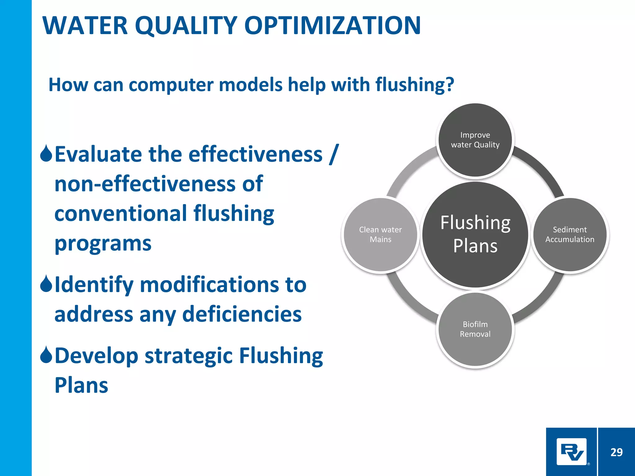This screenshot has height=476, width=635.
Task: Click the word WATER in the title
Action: (85, 25)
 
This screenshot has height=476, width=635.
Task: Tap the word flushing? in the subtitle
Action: (415, 85)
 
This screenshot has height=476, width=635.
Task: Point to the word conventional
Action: (120, 214)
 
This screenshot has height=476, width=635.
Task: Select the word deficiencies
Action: (242, 314)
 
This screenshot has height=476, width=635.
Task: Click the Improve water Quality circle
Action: (475, 140)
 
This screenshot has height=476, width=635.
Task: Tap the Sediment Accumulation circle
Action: (570, 235)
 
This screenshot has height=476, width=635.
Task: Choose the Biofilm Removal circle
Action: (475, 329)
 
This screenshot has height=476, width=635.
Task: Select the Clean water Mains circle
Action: (380, 235)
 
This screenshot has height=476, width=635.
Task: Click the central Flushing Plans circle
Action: (475, 235)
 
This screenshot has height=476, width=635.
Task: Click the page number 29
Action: (616, 452)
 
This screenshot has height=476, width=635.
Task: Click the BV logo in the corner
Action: (571, 452)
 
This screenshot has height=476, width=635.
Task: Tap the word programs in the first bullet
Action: (103, 244)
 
